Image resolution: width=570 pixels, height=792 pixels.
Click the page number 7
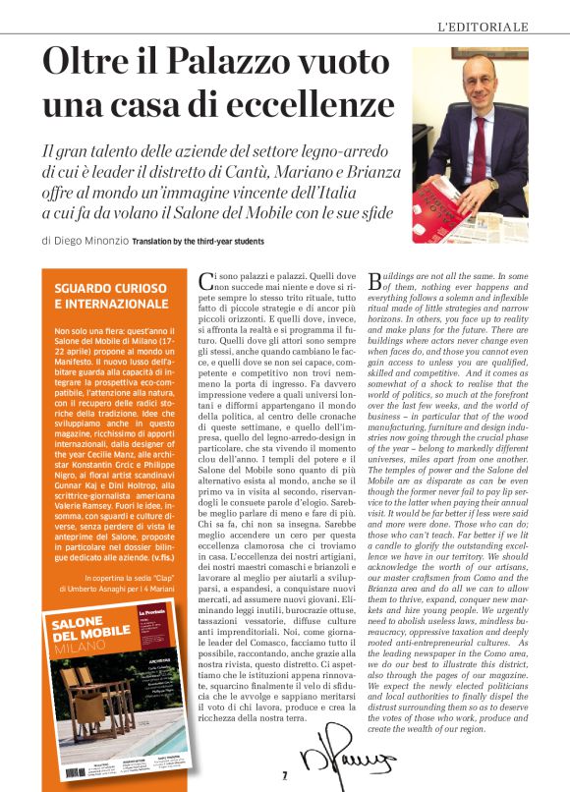[x=284, y=775]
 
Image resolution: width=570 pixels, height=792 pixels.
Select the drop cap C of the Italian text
[x=203, y=281]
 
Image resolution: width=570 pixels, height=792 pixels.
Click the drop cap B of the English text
[x=374, y=281]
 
